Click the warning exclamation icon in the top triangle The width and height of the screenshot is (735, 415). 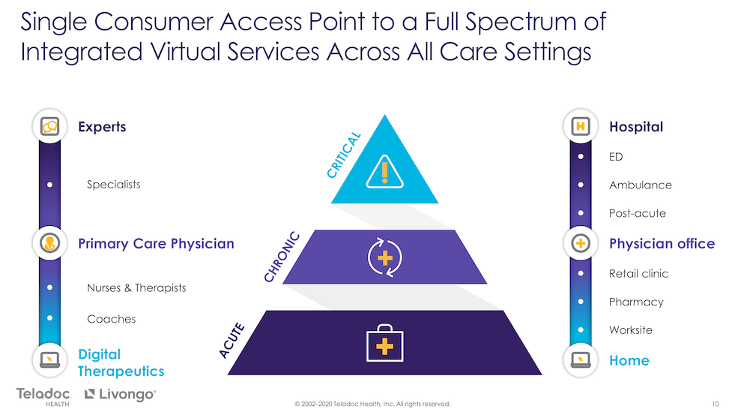pyautogui.click(x=384, y=173)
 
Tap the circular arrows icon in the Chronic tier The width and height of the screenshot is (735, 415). pyautogui.click(x=384, y=257)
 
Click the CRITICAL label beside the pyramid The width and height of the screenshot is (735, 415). pyautogui.click(x=344, y=155)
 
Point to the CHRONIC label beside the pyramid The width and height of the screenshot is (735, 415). pyautogui.click(x=282, y=257)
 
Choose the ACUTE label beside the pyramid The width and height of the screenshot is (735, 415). pyautogui.click(x=233, y=339)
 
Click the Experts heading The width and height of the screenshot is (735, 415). pyautogui.click(x=102, y=127)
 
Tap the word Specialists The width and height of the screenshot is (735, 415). pyautogui.click(x=113, y=185)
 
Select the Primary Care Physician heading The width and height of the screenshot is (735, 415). pyautogui.click(x=156, y=244)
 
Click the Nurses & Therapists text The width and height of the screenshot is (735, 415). pyautogui.click(x=136, y=288)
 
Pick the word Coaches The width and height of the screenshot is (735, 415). pyautogui.click(x=112, y=319)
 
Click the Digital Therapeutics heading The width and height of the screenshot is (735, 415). pyautogui.click(x=121, y=362)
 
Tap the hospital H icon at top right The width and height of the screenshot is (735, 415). pyautogui.click(x=580, y=127)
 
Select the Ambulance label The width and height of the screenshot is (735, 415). pyautogui.click(x=640, y=185)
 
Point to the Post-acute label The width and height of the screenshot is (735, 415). pyautogui.click(x=637, y=214)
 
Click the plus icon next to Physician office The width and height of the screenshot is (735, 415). pyautogui.click(x=580, y=244)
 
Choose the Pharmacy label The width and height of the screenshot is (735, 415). pyautogui.click(x=636, y=302)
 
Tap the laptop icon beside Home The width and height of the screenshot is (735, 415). pyautogui.click(x=580, y=360)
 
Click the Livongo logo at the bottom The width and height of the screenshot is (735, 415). pyautogui.click(x=120, y=394)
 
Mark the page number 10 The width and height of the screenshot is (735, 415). pyautogui.click(x=716, y=404)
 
